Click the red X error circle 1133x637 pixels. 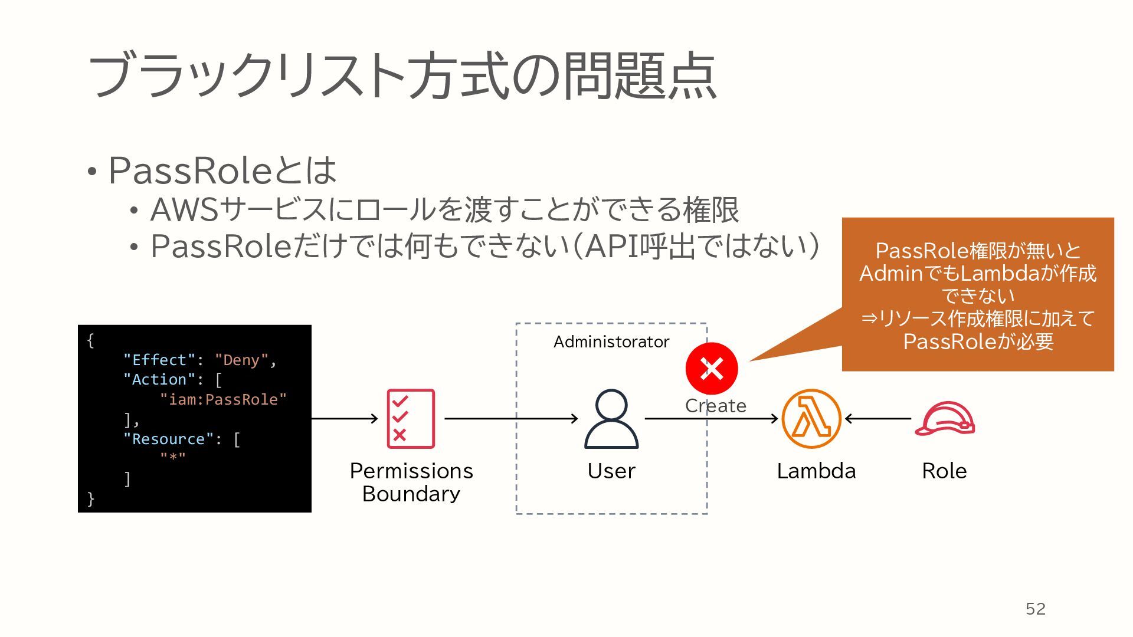pos(712,369)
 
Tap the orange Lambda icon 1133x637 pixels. pos(811,419)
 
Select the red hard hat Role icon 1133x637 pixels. pos(944,419)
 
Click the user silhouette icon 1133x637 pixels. pos(611,419)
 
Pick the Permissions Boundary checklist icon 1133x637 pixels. pos(411,419)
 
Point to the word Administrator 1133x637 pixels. pos(611,342)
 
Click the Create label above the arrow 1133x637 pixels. pos(716,406)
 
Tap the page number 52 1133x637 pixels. pos(1036,609)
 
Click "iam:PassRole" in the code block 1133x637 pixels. pos(223,399)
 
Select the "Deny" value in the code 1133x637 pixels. pos(241,360)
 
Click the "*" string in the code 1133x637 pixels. pos(173,458)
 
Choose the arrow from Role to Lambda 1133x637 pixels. pos(878,419)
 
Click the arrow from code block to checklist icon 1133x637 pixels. pos(345,419)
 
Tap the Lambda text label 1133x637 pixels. pos(816,471)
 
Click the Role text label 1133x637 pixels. pos(944,471)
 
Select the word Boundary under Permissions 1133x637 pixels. pos(411,494)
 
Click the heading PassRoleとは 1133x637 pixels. pos(222,170)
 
